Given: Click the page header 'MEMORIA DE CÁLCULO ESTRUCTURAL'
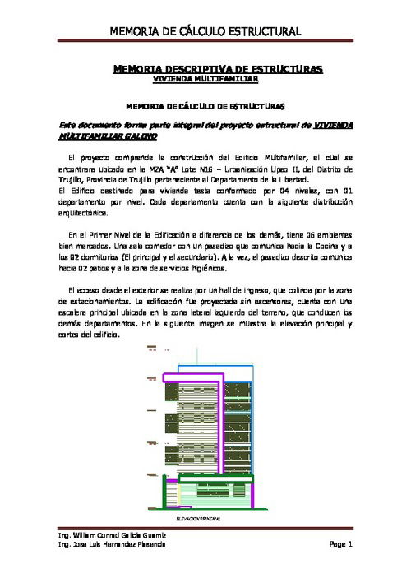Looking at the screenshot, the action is coord(205,32).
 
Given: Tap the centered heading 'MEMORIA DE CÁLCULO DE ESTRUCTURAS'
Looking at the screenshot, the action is coord(205,106).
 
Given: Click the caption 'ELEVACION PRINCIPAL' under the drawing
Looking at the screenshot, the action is coord(201,520).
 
